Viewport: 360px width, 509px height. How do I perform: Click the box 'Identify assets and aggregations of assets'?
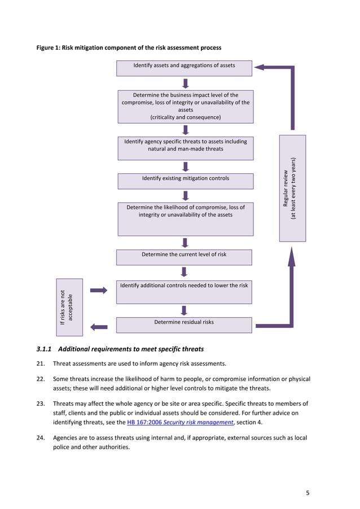(x=184, y=68)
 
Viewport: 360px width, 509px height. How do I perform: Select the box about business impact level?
(x=185, y=106)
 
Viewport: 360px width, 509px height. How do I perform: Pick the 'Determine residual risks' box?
(x=184, y=324)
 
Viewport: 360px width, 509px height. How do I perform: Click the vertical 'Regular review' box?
(x=292, y=188)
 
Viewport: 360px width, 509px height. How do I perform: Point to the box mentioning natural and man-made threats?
(x=185, y=148)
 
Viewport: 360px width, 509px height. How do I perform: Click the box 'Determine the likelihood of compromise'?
(x=185, y=219)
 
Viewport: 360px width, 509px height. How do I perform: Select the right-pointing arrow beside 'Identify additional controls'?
(x=99, y=290)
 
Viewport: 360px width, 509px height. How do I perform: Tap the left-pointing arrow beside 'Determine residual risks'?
(x=99, y=326)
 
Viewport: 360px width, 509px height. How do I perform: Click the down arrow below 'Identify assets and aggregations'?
(x=185, y=83)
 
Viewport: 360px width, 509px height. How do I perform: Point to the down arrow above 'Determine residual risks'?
(x=184, y=310)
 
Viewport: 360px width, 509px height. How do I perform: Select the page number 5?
(x=308, y=493)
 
